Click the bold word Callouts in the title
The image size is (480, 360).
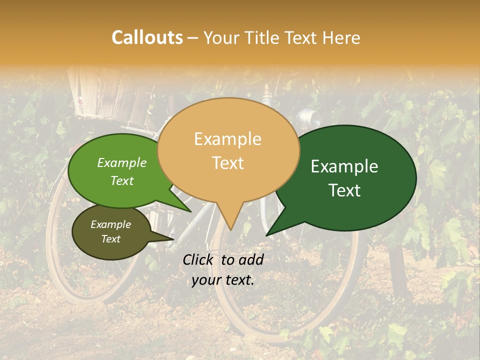147,37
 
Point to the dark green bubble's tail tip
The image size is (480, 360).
268,233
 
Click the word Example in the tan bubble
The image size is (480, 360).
227,139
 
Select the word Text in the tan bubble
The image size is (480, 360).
228,163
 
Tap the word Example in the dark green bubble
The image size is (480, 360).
344,166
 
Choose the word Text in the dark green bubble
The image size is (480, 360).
344,190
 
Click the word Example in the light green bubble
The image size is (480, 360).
121,163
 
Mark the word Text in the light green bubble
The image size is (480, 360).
121,181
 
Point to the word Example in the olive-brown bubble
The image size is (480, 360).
110,224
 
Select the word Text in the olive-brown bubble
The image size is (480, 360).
110,239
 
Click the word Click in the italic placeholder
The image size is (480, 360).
199,259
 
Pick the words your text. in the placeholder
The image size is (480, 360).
223,280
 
